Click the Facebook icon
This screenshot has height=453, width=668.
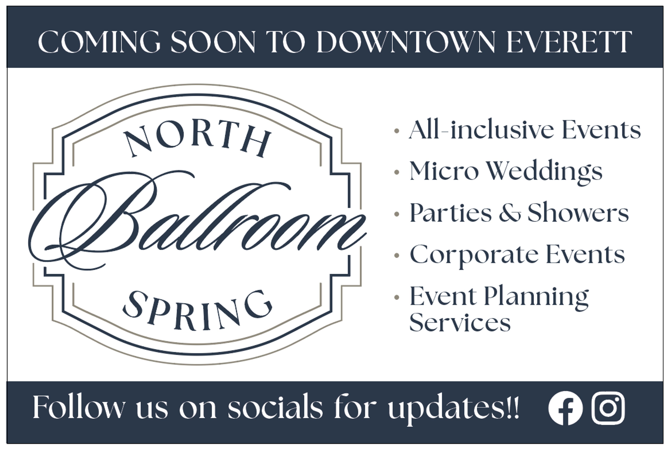(x=565, y=408)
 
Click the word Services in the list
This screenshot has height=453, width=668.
(x=460, y=323)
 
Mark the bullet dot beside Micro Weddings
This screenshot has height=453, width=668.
(x=397, y=172)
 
